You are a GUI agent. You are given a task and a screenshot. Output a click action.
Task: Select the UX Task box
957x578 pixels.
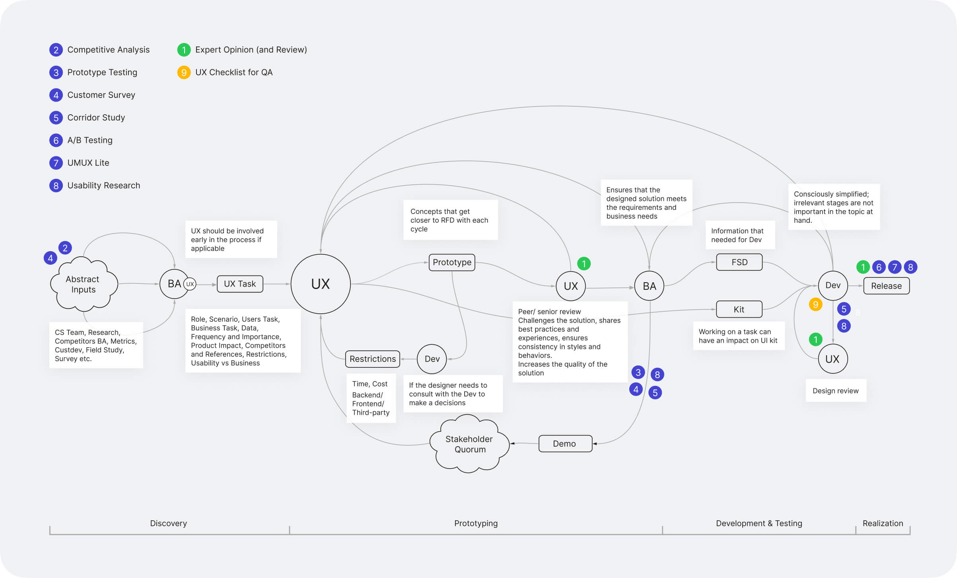point(240,284)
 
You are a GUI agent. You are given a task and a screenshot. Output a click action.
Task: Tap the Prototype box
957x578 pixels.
point(452,262)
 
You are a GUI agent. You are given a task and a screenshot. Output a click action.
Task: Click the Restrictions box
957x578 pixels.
point(372,359)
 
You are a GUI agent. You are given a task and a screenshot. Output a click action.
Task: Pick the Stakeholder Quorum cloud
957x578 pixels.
point(469,444)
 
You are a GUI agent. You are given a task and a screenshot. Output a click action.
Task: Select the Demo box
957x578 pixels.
point(565,443)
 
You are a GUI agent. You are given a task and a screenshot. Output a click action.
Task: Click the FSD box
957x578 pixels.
point(739,262)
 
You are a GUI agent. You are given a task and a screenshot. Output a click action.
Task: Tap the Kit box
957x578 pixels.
point(739,309)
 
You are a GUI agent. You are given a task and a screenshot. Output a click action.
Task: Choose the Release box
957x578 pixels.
point(886,286)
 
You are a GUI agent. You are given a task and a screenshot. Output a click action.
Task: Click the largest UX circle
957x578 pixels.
point(321,284)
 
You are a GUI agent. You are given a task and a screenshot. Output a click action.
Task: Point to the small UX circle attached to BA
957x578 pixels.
point(190,284)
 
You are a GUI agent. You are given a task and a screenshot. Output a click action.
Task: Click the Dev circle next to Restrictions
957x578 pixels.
point(432,359)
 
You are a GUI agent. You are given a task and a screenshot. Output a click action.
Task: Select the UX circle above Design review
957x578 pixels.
point(833,359)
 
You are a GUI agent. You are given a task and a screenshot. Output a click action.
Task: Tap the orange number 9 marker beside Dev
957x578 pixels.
point(815,305)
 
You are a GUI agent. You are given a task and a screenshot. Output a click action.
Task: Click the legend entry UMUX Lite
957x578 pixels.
point(88,163)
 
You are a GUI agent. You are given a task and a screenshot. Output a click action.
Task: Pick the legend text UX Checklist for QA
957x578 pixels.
point(233,72)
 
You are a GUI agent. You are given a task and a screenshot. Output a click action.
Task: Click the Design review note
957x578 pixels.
point(835,391)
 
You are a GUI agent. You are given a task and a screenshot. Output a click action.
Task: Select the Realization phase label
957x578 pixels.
point(883,523)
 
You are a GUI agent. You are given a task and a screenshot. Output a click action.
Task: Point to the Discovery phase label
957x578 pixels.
point(168,523)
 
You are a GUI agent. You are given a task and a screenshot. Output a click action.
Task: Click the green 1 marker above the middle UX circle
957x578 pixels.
point(584,264)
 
